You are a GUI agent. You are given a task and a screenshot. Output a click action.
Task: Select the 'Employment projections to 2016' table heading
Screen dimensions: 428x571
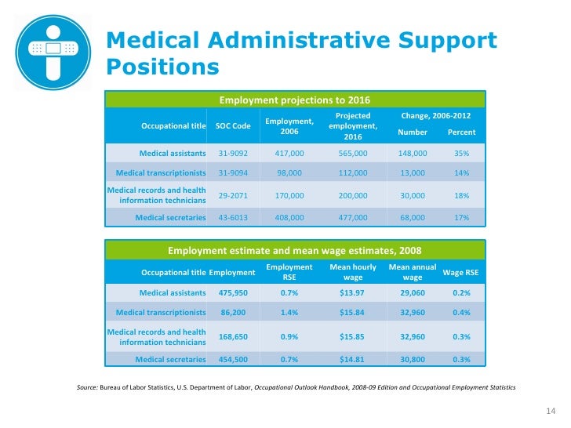[x=294, y=100]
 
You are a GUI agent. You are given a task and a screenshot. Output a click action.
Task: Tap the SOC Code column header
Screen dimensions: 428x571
[x=233, y=126]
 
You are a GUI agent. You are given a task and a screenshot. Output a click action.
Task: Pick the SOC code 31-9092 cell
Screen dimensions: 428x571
[x=233, y=154]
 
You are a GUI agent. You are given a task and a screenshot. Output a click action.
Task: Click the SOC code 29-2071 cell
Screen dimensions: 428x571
[x=233, y=194]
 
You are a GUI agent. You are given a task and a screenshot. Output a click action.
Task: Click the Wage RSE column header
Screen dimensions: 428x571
[x=461, y=272]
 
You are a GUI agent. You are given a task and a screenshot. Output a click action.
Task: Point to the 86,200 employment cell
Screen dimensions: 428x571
[x=233, y=312]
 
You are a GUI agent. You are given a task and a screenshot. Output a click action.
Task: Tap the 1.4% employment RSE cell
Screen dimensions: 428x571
[x=289, y=312]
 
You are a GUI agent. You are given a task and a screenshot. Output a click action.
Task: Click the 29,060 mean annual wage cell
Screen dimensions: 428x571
[x=412, y=292]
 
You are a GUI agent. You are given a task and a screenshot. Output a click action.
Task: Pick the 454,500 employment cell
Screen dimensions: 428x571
[x=233, y=360]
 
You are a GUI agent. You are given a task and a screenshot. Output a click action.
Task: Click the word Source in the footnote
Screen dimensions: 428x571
[x=86, y=388]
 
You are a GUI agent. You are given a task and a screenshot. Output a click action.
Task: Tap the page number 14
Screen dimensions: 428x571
[x=549, y=412]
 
